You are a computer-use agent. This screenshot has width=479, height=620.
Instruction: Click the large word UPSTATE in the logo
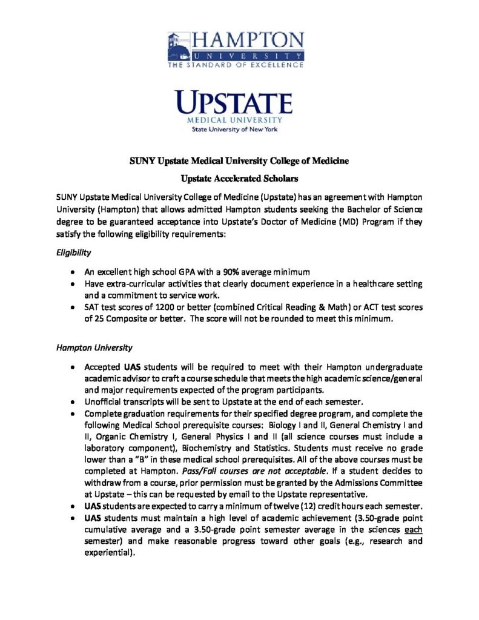[x=234, y=102]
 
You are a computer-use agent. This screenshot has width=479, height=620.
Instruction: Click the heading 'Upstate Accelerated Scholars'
[x=239, y=179]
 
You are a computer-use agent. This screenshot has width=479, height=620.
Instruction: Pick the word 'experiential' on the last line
[x=108, y=552]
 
